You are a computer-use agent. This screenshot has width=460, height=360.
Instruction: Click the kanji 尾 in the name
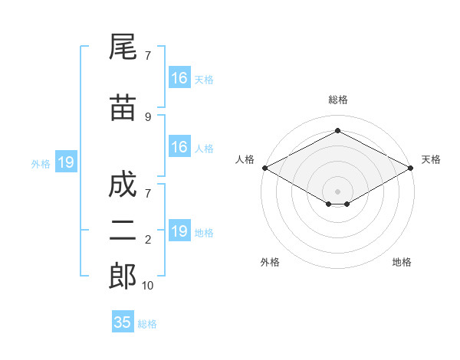(123, 47)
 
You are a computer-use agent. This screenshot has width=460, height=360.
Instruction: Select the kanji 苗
(123, 107)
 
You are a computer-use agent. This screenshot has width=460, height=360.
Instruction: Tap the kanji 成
(123, 184)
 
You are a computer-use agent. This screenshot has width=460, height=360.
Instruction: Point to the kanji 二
(123, 231)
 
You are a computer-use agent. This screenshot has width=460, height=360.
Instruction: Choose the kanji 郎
(123, 276)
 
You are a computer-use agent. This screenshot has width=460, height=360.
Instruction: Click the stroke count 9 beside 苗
(148, 117)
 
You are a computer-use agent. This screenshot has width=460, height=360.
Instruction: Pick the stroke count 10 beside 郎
(147, 286)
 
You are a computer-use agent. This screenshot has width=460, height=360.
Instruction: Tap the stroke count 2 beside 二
(148, 240)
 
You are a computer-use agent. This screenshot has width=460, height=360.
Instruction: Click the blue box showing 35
(123, 321)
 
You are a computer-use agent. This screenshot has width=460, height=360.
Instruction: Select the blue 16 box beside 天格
(180, 77)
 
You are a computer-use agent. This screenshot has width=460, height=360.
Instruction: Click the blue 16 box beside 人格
(180, 146)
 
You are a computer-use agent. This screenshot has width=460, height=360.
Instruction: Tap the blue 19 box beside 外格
(66, 162)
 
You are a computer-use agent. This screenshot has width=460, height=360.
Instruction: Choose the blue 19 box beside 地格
(180, 230)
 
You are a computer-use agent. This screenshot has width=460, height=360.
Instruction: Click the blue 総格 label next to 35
(147, 324)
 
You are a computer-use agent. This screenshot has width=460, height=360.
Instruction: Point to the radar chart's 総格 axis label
(338, 100)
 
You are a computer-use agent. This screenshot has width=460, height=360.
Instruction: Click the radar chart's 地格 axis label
(402, 262)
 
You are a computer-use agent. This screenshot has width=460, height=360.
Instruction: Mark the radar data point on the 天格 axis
(411, 168)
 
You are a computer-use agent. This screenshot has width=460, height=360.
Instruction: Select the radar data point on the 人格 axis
(265, 168)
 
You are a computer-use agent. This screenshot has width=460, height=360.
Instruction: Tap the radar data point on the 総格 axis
(337, 130)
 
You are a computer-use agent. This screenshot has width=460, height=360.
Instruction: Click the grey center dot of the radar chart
(337, 191)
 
